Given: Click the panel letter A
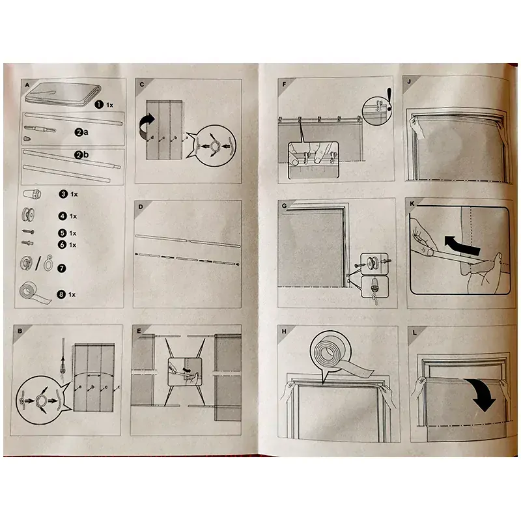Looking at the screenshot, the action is pos(27,85).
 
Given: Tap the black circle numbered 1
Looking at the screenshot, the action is pos(99,105).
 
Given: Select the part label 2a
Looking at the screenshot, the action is pos(81,132).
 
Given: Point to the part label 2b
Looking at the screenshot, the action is pos(82,155).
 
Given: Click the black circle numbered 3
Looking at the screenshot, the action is pos(63,194).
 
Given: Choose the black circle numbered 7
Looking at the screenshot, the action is pos(62,268).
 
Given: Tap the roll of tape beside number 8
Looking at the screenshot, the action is pos(33,294).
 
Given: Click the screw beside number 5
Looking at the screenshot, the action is pos(28,232).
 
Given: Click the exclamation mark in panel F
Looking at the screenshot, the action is pos(389,99).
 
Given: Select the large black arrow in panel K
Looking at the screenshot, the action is pos(462,246).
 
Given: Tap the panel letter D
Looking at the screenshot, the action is pos(141,206).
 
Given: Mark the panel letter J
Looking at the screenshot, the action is pos(409,82).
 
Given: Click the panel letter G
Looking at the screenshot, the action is pos(284,206).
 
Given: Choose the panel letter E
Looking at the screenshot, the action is pos(139,331).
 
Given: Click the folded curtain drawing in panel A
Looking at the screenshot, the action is pos(63,94).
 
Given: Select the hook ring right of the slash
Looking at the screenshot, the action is pos(49,263).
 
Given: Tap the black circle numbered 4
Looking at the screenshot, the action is pos(63,216).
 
